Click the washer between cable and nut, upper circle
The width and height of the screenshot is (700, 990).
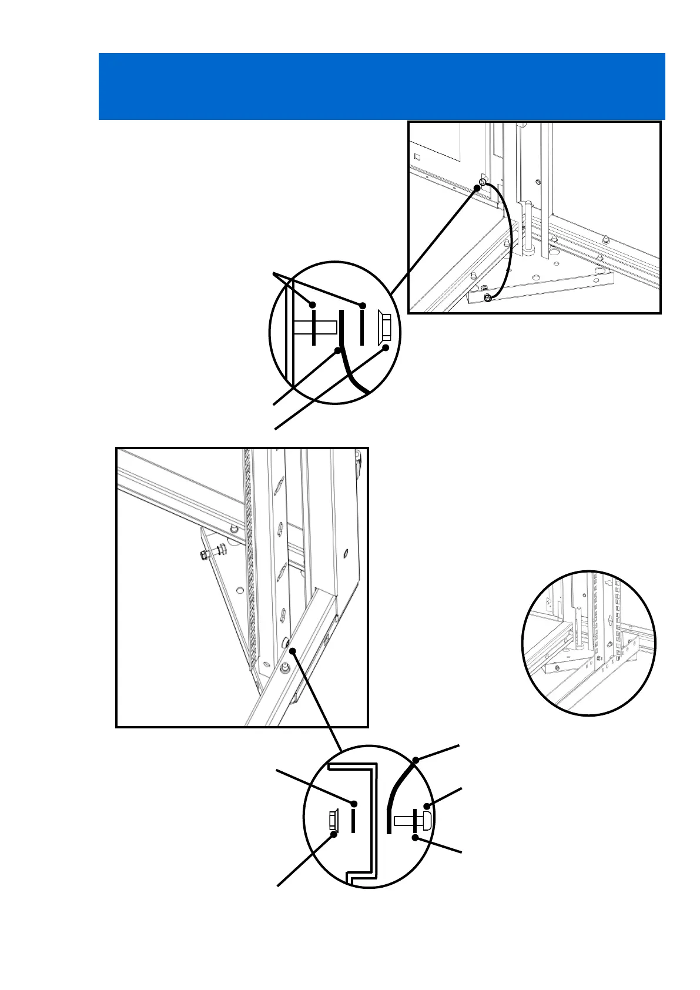tap(363, 325)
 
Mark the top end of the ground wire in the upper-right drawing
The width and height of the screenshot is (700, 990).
tap(482, 183)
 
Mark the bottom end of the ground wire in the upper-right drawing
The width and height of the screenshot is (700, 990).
tap(487, 299)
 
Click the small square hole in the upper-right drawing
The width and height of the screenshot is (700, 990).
tap(417, 157)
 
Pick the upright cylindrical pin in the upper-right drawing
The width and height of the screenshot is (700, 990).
tap(530, 226)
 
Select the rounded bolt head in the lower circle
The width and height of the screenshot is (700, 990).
tap(427, 820)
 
